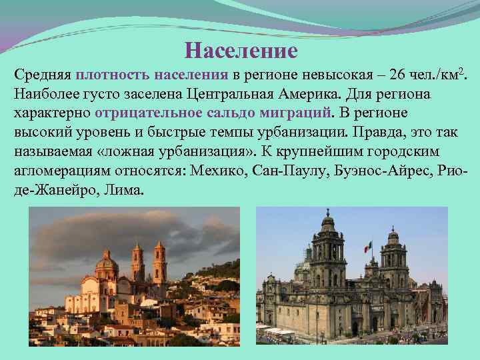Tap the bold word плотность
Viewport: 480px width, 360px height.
pos(114,74)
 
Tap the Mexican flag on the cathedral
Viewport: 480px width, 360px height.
pos(366,247)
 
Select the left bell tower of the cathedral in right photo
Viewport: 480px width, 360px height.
pos(327,253)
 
